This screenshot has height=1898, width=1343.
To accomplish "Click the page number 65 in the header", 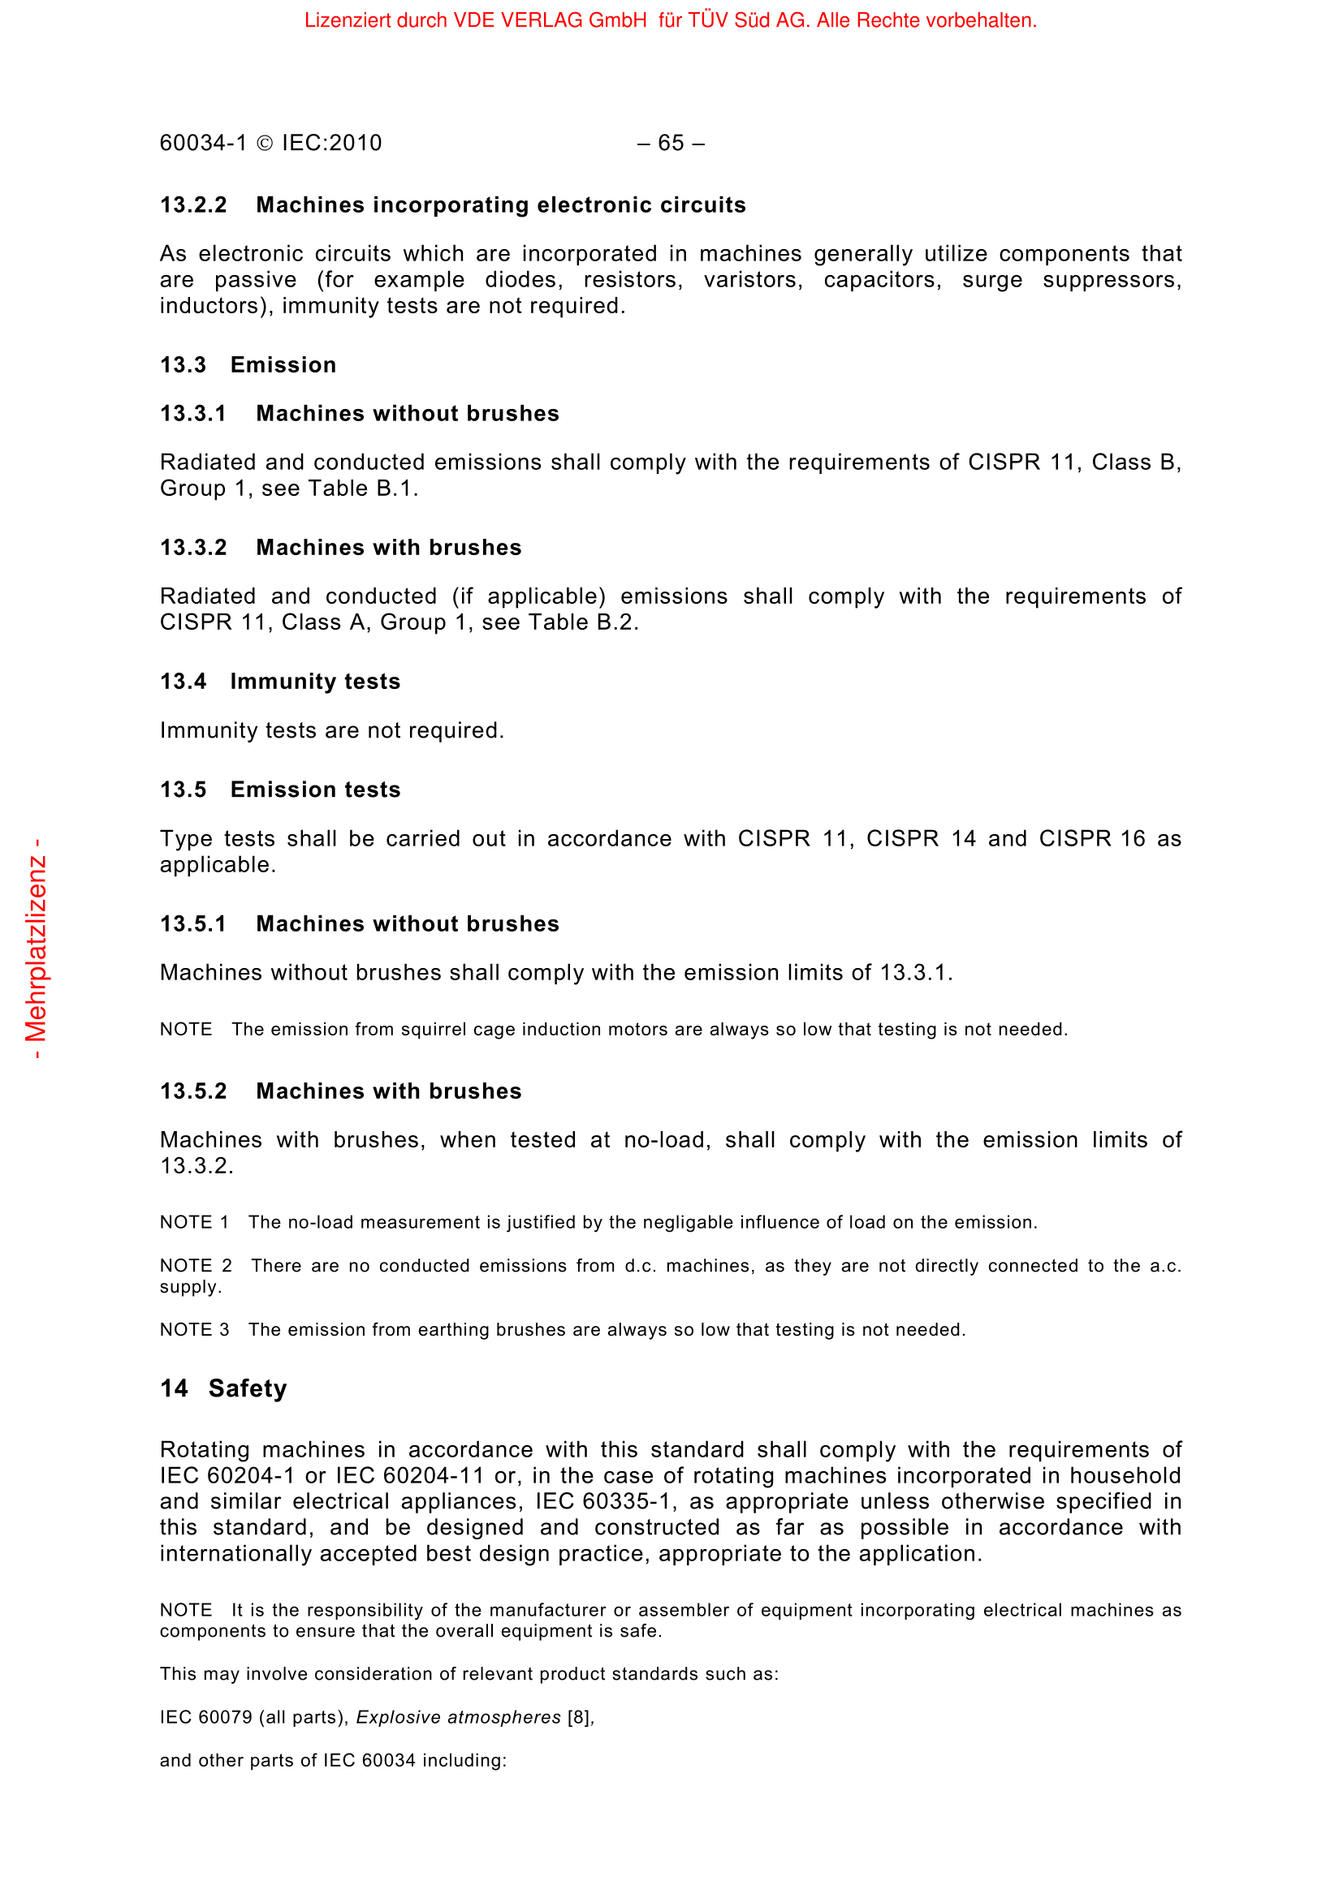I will [x=671, y=143].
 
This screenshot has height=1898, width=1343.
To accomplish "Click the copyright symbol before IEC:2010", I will [x=265, y=144].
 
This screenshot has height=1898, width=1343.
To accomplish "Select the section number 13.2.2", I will [x=193, y=205].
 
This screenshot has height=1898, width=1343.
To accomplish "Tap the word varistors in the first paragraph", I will [x=753, y=279].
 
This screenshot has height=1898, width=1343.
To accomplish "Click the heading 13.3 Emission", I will [x=248, y=364].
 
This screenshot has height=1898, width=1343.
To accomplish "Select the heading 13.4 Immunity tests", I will [x=280, y=681].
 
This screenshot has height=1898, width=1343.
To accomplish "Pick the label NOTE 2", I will [x=196, y=1266].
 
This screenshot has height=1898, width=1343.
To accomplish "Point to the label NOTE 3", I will [x=195, y=1329].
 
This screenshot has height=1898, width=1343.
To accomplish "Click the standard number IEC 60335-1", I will [x=607, y=1501].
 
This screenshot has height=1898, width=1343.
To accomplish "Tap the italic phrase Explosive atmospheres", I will [x=458, y=1717].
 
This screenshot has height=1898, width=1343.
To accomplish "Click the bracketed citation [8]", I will [x=579, y=1717].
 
